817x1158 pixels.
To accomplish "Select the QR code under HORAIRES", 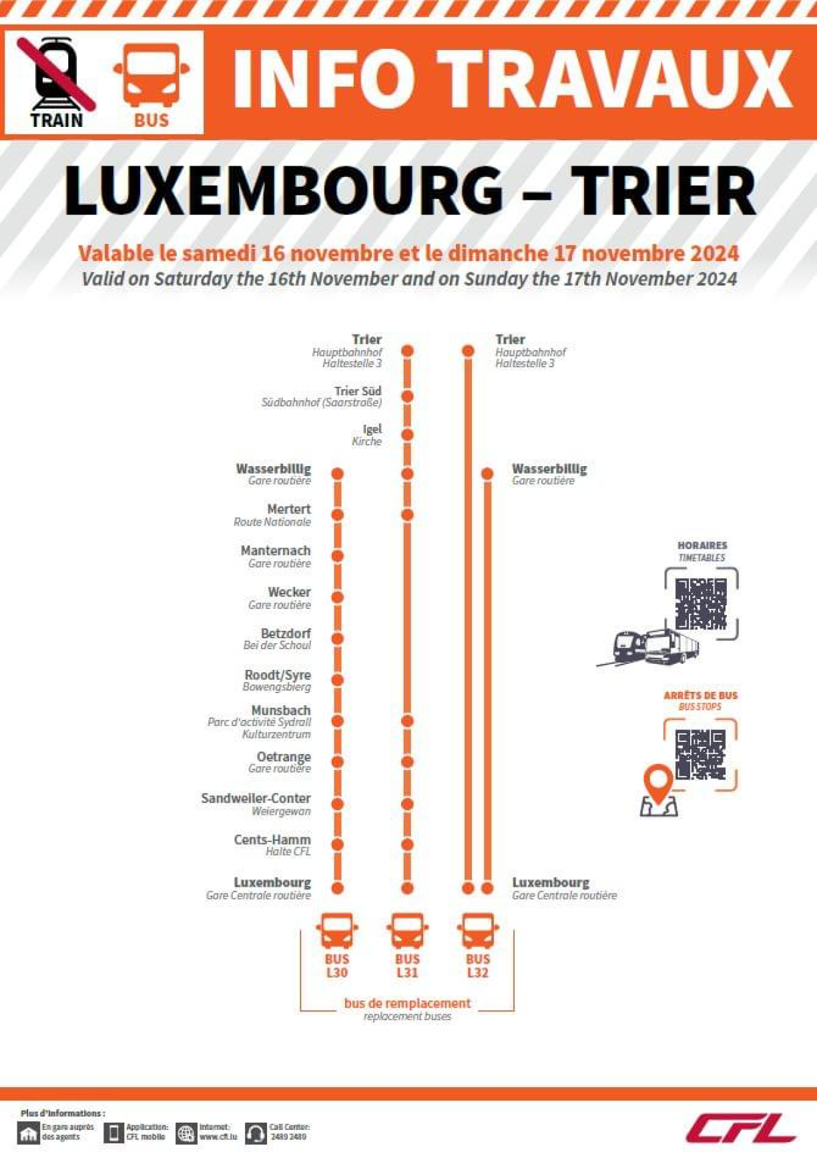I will (701, 604).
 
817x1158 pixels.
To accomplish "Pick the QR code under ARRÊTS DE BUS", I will (700, 755).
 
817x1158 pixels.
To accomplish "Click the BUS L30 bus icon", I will (337, 931).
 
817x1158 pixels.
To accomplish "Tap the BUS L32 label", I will (478, 966).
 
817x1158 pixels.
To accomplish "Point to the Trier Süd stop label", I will (358, 391).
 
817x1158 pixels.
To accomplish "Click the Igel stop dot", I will (407, 435).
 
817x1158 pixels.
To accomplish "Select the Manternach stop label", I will (276, 551).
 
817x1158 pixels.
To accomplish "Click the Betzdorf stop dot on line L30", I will (338, 638).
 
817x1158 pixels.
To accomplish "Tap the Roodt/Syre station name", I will (278, 675).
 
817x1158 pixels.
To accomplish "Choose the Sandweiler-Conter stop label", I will (256, 799).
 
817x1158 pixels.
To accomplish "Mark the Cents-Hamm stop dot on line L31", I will (407, 845).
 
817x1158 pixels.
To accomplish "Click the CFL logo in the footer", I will (741, 1128).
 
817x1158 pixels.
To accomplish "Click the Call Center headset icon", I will (256, 1133).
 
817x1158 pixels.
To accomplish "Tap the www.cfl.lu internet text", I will (218, 1137).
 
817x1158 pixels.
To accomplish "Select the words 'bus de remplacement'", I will (407, 1003).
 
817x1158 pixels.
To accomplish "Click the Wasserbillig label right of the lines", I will (549, 469).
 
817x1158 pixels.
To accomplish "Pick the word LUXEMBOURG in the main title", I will (284, 190).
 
